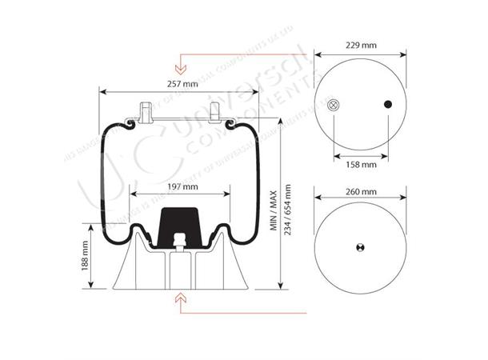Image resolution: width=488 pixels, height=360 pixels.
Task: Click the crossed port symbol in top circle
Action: pyautogui.click(x=333, y=104)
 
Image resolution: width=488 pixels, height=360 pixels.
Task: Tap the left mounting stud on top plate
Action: pyautogui.click(x=146, y=112)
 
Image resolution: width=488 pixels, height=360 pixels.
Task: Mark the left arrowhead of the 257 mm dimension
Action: pyautogui.click(x=101, y=91)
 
